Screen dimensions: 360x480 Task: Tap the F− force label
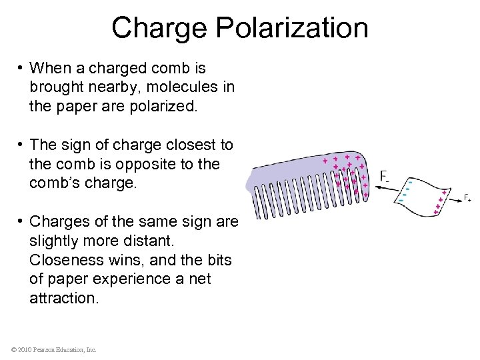[x=385, y=176]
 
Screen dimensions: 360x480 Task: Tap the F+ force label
[x=467, y=198]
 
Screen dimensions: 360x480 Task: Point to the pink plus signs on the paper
[x=439, y=201]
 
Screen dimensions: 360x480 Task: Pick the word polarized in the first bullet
[x=168, y=106]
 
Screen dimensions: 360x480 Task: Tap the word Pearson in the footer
[x=47, y=349]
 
